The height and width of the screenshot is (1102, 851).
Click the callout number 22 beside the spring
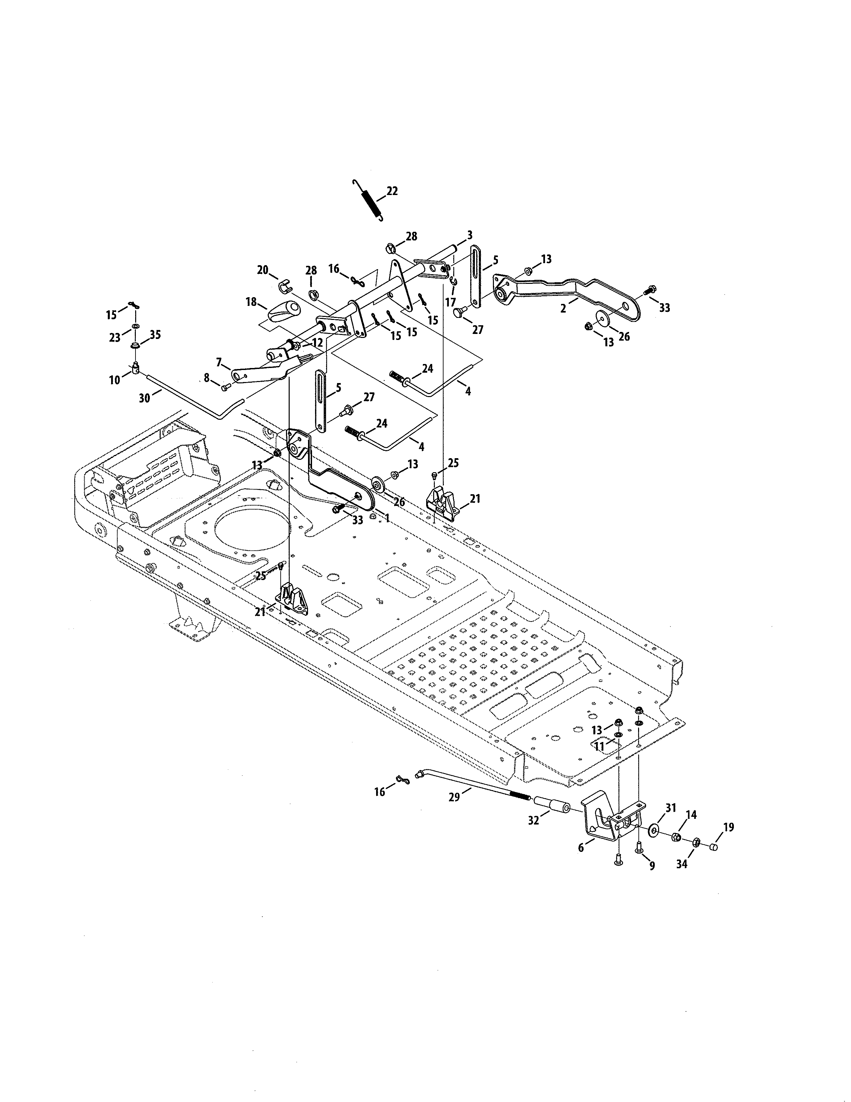point(392,191)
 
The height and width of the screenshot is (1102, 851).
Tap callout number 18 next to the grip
point(251,302)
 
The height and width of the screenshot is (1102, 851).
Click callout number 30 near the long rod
point(144,398)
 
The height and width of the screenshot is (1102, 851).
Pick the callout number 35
point(155,335)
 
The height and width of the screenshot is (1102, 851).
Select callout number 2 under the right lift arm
point(563,308)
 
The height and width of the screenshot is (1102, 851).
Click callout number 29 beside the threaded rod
point(454,797)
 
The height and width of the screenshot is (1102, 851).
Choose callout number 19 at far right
point(729,827)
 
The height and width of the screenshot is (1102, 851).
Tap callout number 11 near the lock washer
point(599,747)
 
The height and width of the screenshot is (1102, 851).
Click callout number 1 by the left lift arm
point(387,518)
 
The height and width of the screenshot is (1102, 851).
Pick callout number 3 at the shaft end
point(469,235)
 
